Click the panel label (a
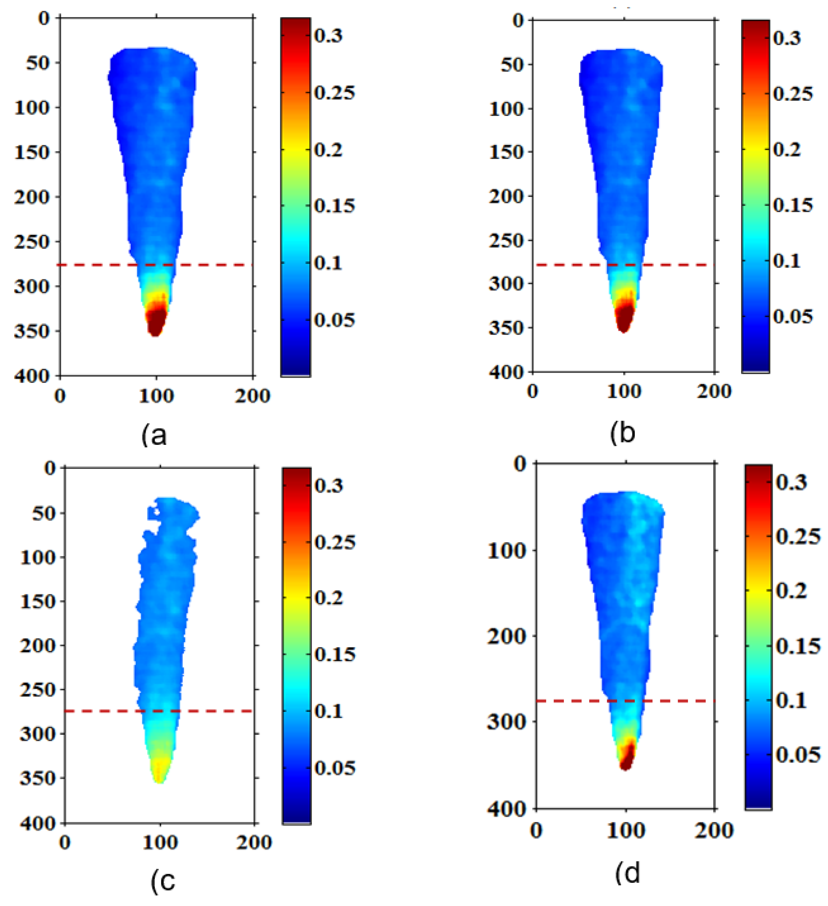coord(154,436)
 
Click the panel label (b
coord(623,433)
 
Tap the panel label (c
coord(163,881)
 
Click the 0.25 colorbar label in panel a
coord(334,93)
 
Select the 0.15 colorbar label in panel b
coord(793,205)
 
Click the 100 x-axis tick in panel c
coord(160,842)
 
